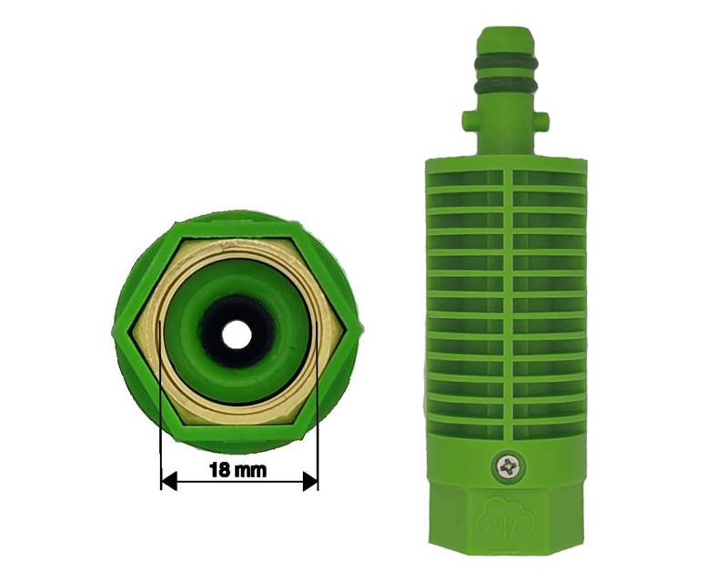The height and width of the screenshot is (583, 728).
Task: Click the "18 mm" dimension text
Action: coord(238,470)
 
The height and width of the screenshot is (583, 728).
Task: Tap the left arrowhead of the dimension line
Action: coord(169,481)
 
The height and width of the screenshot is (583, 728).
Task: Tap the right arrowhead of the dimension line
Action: coord(310,481)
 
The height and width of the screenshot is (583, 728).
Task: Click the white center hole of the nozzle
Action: coord(237,333)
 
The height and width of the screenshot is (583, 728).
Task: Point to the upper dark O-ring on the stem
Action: coord(506,62)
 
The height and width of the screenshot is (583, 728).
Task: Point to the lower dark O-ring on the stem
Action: coord(506,87)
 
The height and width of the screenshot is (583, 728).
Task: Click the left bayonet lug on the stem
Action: coord(469,120)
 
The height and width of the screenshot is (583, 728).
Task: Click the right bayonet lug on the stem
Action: coord(542,120)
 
